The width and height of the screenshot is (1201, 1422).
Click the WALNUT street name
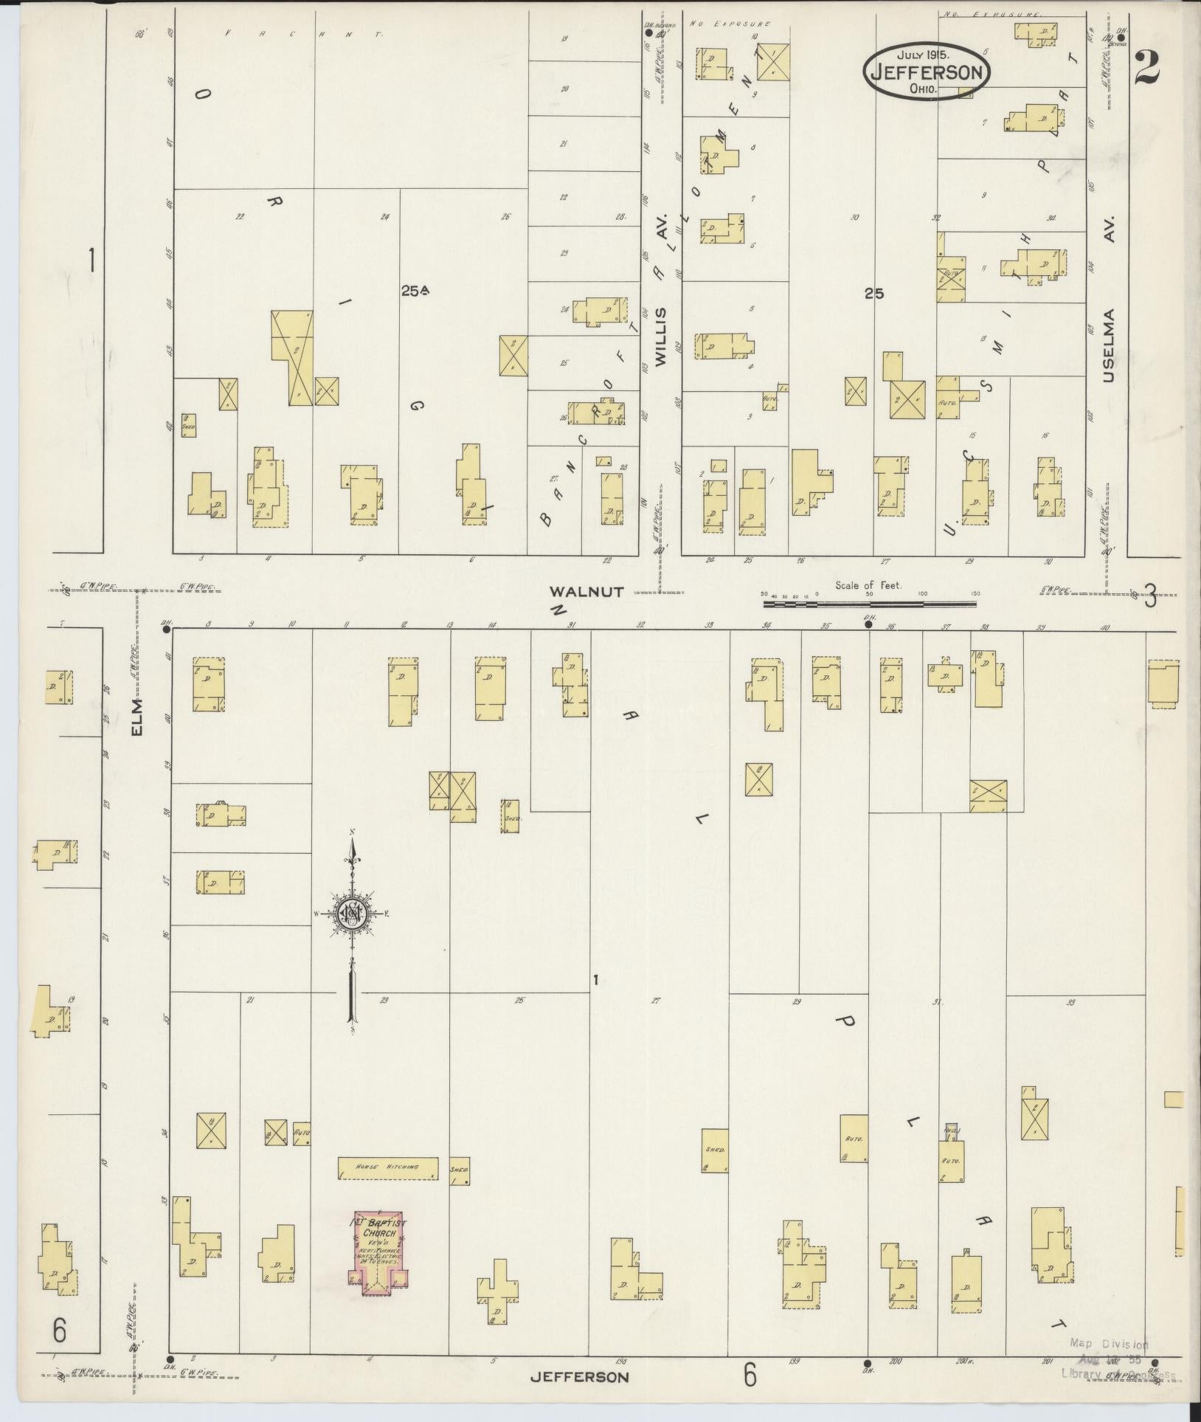click(x=587, y=591)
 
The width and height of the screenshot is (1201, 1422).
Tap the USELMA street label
click(x=1108, y=345)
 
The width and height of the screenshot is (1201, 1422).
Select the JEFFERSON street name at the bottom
click(x=580, y=1377)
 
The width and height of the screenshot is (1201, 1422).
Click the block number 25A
click(x=415, y=291)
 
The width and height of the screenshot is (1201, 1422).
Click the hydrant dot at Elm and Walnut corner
click(x=167, y=630)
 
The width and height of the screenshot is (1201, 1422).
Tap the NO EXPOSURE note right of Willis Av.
click(x=730, y=24)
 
